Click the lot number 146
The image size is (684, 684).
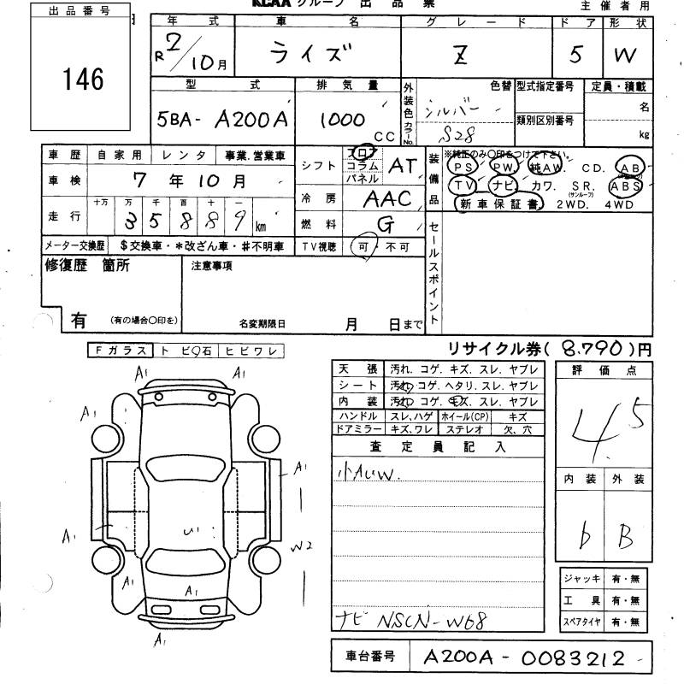(83, 80)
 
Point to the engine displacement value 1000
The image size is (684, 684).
(343, 121)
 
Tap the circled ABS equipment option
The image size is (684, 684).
(625, 185)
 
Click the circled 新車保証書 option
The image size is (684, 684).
(500, 204)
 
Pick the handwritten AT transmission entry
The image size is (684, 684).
(401, 167)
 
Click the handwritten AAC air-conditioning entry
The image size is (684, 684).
(386, 199)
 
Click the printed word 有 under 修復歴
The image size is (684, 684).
(79, 321)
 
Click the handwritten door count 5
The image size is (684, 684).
(575, 56)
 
